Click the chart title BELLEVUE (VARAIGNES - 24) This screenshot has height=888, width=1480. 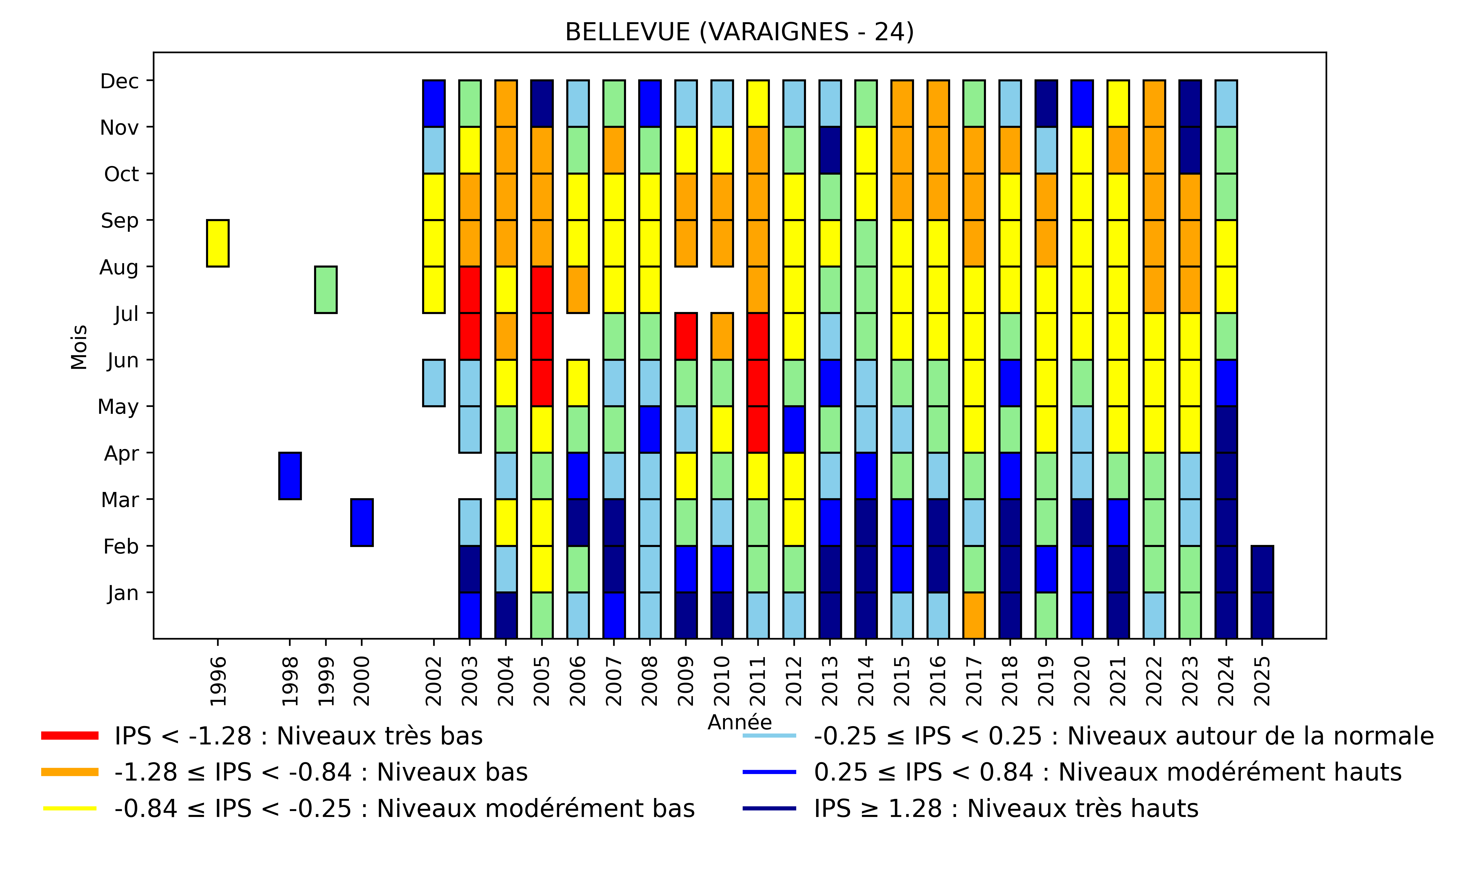point(739,32)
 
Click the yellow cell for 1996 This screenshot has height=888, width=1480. point(218,243)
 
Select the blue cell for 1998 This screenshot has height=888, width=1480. point(290,476)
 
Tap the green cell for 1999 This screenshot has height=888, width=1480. point(326,289)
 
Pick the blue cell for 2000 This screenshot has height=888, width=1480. point(362,522)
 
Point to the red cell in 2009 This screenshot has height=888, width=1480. point(686,336)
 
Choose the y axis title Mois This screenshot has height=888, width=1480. point(79,347)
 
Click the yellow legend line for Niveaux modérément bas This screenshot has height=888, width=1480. point(70,808)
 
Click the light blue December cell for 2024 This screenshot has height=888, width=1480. point(1226,104)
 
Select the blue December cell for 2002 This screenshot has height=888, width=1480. point(434,104)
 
